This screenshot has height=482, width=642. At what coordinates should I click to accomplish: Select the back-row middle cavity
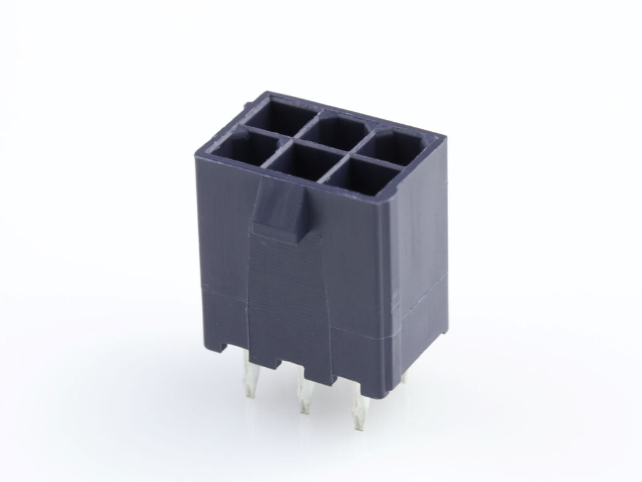[339, 129]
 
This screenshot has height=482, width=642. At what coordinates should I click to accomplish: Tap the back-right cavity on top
[401, 144]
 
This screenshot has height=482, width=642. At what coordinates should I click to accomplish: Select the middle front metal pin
[305, 392]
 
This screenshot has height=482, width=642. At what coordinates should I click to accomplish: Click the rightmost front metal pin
[358, 405]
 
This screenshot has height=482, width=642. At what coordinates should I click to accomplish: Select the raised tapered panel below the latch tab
[288, 289]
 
